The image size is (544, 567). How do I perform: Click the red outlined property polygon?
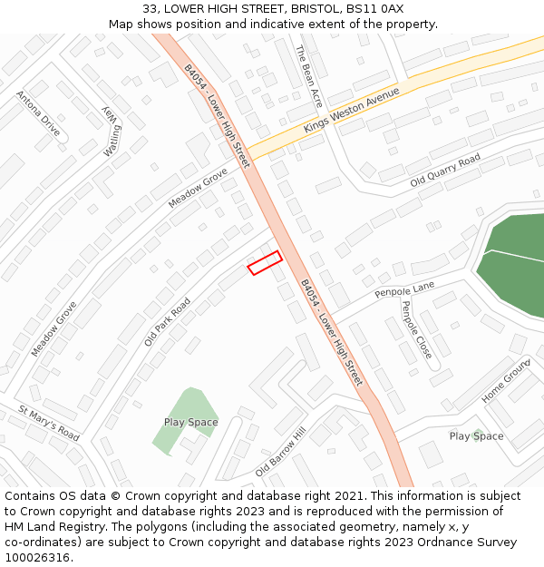tap(265, 262)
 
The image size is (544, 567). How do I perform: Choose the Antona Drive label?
tap(38, 113)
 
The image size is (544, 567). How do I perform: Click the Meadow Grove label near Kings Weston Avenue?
tap(198, 188)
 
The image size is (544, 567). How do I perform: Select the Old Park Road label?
tap(168, 321)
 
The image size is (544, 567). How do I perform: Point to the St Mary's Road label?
tap(49, 424)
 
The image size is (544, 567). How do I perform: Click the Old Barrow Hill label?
tap(281, 453)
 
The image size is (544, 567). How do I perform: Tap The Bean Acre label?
tap(309, 77)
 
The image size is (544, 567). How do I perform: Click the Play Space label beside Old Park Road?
tap(190, 422)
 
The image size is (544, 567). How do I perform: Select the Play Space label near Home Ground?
tap(476, 436)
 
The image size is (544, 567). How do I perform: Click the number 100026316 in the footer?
tap(37, 558)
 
